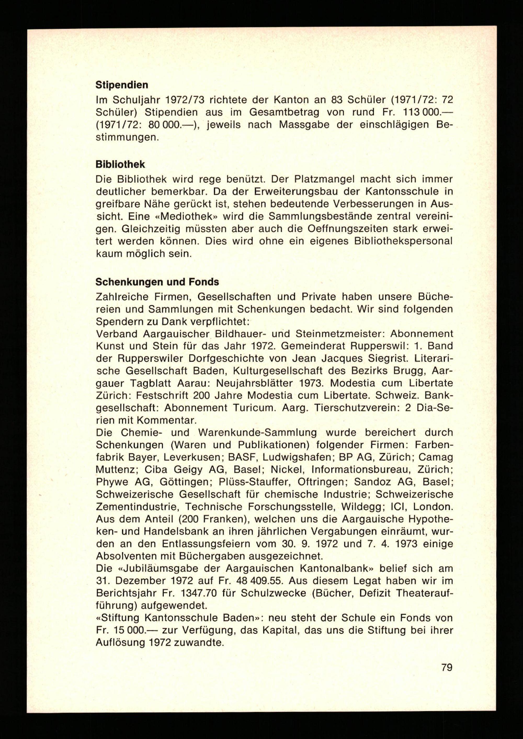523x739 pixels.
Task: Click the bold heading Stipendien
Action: tap(122, 85)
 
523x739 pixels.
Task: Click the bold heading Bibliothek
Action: tap(120, 165)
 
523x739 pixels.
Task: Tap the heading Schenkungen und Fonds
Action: tap(157, 282)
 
